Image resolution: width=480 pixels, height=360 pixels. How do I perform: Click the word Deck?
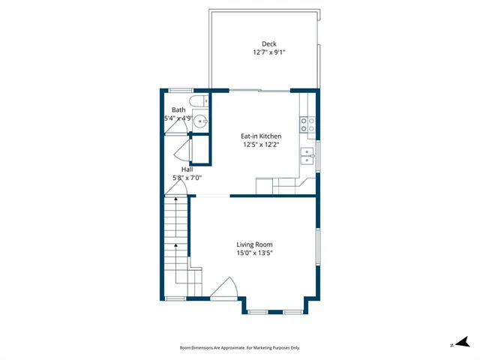(268, 43)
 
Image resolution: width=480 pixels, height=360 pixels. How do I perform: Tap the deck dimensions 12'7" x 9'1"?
(268, 52)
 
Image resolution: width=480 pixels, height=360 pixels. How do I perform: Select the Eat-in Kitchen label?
(260, 136)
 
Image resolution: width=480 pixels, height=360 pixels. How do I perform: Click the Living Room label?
(254, 244)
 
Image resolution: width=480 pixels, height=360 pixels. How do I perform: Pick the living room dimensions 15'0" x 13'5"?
(254, 253)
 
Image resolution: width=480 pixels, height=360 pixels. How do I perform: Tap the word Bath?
(178, 109)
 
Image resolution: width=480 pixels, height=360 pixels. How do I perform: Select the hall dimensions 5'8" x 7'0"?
(187, 178)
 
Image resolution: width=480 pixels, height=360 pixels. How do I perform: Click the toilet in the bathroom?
(198, 102)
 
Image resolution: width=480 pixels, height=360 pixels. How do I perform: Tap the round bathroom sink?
(200, 121)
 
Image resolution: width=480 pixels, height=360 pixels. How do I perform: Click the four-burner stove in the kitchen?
(307, 124)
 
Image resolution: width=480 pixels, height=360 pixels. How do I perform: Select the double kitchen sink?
(307, 155)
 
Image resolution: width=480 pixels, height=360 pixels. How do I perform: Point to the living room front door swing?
(225, 288)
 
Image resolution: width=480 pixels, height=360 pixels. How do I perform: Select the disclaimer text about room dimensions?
(239, 348)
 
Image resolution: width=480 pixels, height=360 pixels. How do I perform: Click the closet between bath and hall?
(200, 150)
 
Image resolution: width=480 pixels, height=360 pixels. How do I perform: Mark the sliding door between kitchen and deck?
(255, 91)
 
